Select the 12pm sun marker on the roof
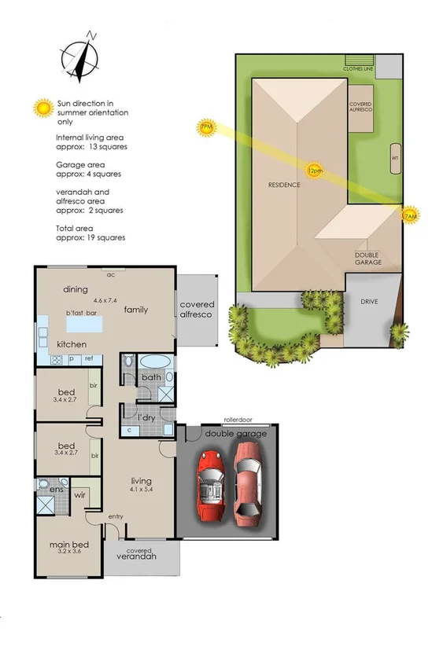coord(315,171)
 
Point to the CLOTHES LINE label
coord(358,69)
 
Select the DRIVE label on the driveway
coord(370,302)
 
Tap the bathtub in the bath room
coord(153,362)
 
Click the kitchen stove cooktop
coord(56,360)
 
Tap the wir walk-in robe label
coord(79,497)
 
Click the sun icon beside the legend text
coord(42,108)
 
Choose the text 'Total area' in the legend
coord(73,227)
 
